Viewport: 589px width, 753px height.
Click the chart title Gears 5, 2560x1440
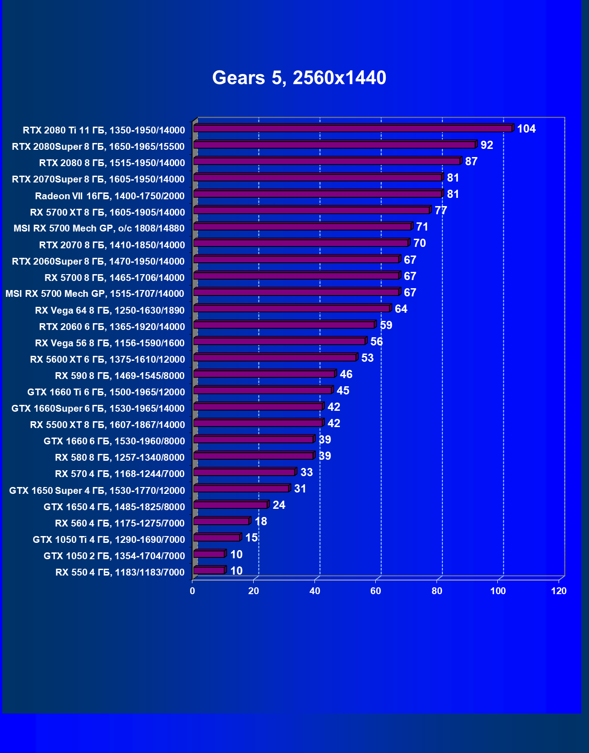click(299, 78)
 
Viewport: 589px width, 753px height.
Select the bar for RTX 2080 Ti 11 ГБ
click(353, 129)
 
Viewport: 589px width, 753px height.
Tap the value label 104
click(526, 129)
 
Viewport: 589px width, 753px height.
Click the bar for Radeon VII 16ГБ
click(318, 194)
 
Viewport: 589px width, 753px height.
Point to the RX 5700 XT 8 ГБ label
click(108, 212)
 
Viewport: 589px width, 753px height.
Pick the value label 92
click(486, 145)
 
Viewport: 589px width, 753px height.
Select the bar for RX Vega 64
click(292, 309)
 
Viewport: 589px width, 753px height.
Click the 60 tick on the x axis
click(376, 591)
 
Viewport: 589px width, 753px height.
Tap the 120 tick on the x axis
click(559, 591)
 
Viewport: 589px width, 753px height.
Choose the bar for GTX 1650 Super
click(241, 489)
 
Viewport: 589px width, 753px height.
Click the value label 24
click(279, 505)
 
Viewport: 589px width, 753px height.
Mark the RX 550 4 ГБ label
click(120, 572)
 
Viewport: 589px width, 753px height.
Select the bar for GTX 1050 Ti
click(217, 538)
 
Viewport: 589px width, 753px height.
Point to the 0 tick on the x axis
click(192, 591)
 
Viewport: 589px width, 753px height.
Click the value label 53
click(367, 358)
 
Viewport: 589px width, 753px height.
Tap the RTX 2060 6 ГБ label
click(112, 326)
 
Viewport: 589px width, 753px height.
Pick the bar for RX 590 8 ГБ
click(264, 374)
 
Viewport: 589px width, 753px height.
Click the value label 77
click(441, 211)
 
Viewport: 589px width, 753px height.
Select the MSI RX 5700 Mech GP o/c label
click(99, 228)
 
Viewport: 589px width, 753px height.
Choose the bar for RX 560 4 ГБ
click(221, 522)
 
